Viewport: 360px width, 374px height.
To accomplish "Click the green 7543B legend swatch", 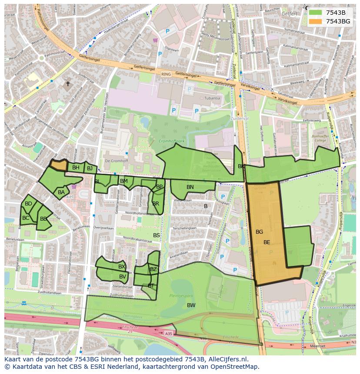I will click(x=316, y=13).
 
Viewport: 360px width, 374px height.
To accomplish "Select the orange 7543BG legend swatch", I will click(x=316, y=21).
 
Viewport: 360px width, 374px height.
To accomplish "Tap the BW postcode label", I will click(x=191, y=305).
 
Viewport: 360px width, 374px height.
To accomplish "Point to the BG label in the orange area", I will click(x=259, y=232).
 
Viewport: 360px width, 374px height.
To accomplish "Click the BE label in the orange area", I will click(x=267, y=242).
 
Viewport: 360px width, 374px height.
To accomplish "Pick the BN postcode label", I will click(x=190, y=187).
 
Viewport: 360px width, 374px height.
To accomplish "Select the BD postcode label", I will click(x=28, y=204).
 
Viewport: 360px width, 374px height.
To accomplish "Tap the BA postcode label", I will click(x=61, y=192).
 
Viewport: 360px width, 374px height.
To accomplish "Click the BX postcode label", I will click(x=122, y=267).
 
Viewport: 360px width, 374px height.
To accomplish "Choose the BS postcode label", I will click(x=157, y=235).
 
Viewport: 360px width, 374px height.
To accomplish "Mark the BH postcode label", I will click(x=76, y=168).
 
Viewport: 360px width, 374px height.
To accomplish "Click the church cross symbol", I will click(x=67, y=83).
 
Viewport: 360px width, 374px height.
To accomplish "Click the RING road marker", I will click(x=166, y=74).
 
